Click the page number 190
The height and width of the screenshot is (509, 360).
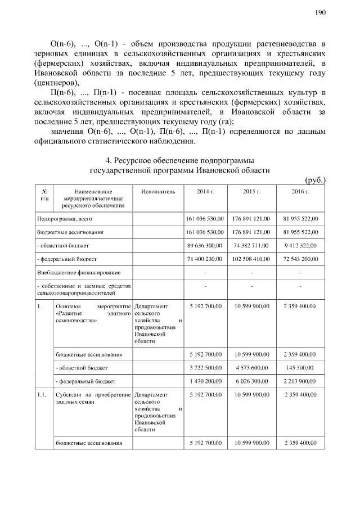(320, 12)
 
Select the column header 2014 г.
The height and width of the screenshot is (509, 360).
(205, 192)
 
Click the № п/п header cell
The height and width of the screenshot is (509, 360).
(44, 195)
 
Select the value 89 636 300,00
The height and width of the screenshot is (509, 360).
(205, 246)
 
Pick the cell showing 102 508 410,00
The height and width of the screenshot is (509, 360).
(252, 259)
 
